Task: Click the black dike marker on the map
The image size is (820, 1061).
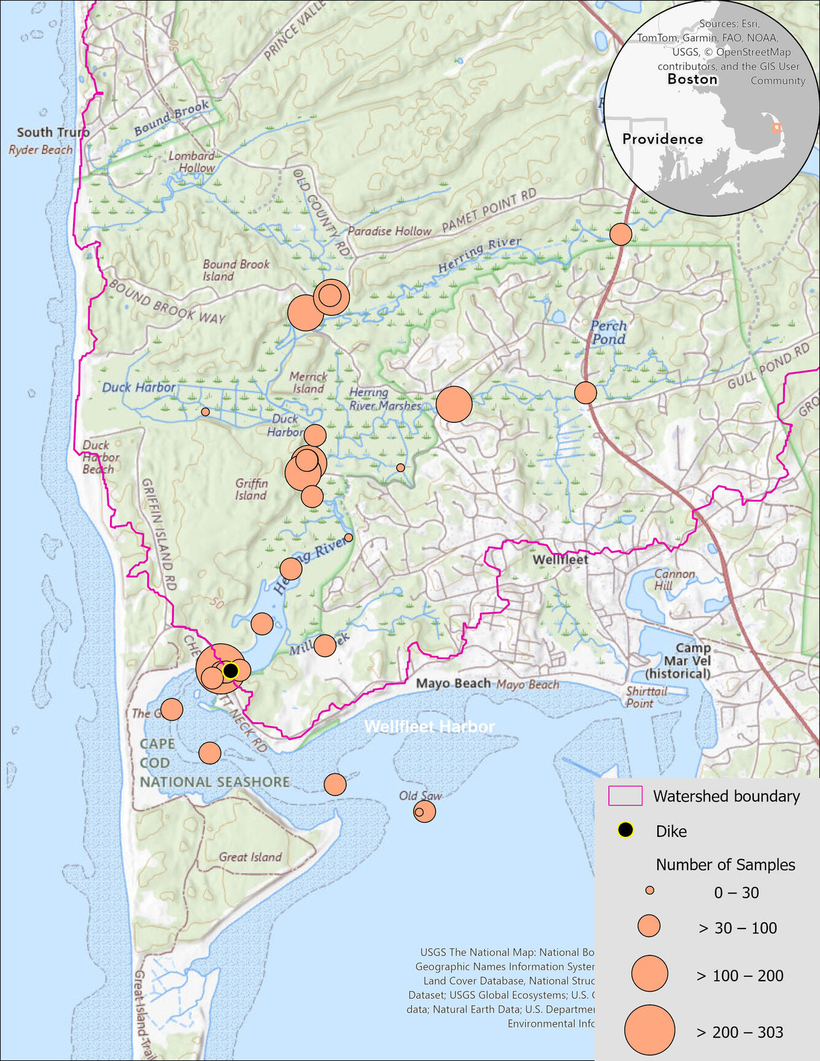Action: pos(230,671)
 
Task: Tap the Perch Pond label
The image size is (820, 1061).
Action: pos(608,333)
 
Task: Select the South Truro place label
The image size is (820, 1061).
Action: pos(53,133)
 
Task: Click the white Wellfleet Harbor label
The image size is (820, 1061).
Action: pos(429,727)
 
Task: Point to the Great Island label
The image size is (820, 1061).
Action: pos(250,857)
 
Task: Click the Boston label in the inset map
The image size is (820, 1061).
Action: pos(692,79)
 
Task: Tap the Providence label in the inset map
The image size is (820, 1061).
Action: pos(662,139)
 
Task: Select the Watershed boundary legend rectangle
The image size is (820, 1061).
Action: pos(625,796)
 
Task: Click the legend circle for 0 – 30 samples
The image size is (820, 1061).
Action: pos(649,890)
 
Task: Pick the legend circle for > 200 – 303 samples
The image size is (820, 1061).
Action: pos(649,1030)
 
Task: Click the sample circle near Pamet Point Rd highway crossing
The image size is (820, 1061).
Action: pos(621,234)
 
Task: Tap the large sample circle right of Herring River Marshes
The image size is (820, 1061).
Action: pos(454,404)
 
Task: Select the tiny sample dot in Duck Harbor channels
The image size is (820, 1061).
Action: pos(205,412)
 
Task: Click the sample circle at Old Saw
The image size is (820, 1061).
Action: pos(424,811)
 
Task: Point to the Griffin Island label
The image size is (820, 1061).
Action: pos(251,489)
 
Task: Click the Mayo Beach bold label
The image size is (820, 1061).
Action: pos(454,684)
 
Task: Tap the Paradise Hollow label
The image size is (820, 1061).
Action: pos(389,231)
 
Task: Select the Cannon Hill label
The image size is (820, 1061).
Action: pos(673,579)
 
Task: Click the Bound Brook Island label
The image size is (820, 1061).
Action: pos(236,270)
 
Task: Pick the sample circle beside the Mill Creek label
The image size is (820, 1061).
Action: pos(325,646)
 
